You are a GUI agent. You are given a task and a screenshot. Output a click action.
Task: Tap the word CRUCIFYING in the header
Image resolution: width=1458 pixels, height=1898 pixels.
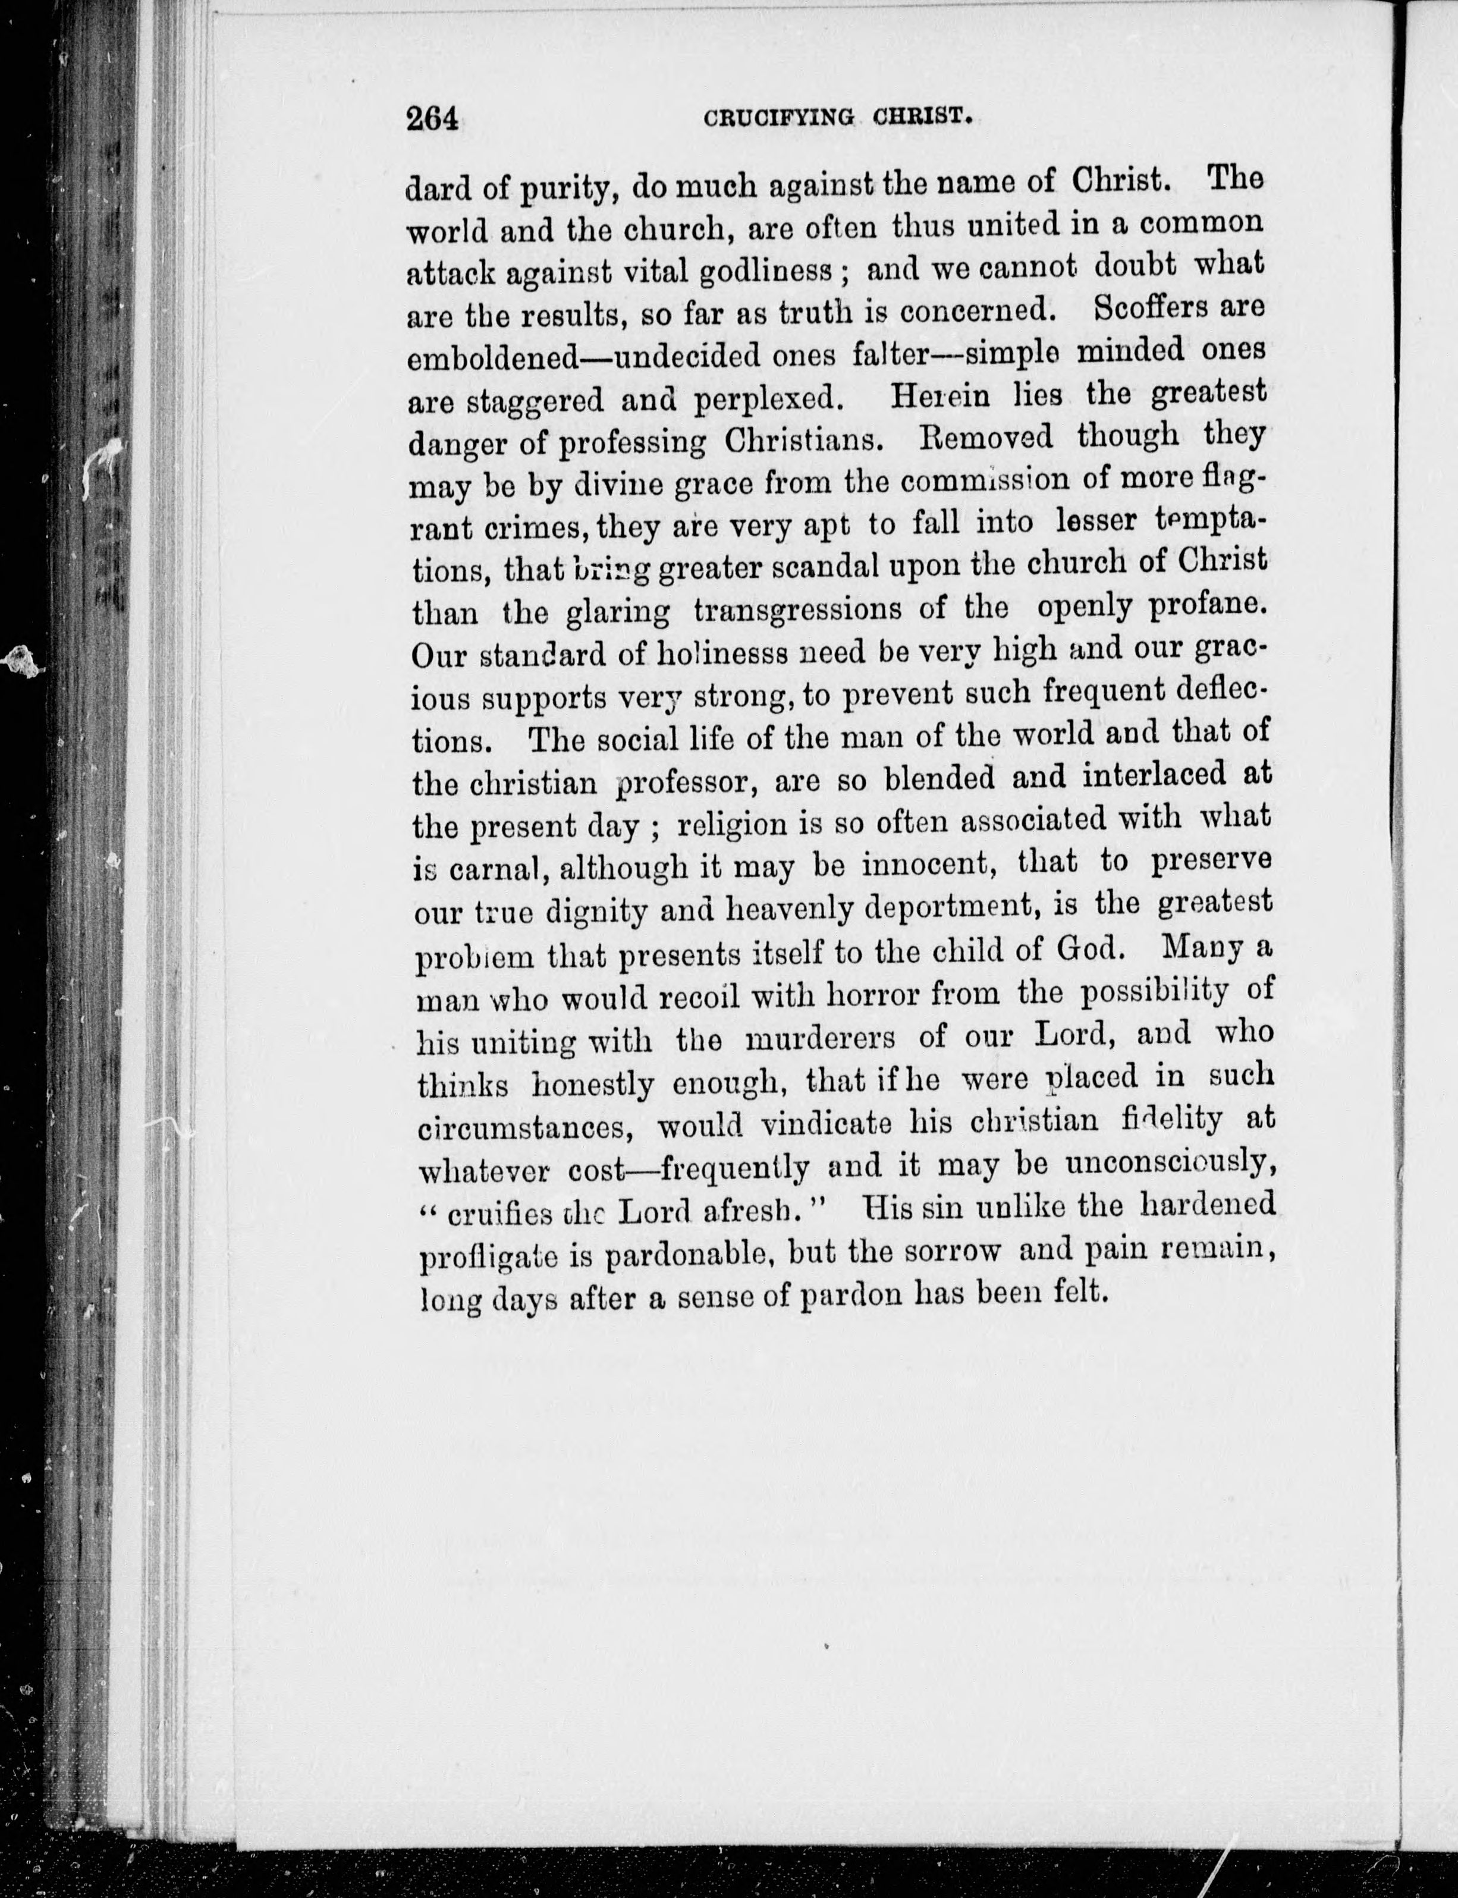pyautogui.click(x=778, y=117)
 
